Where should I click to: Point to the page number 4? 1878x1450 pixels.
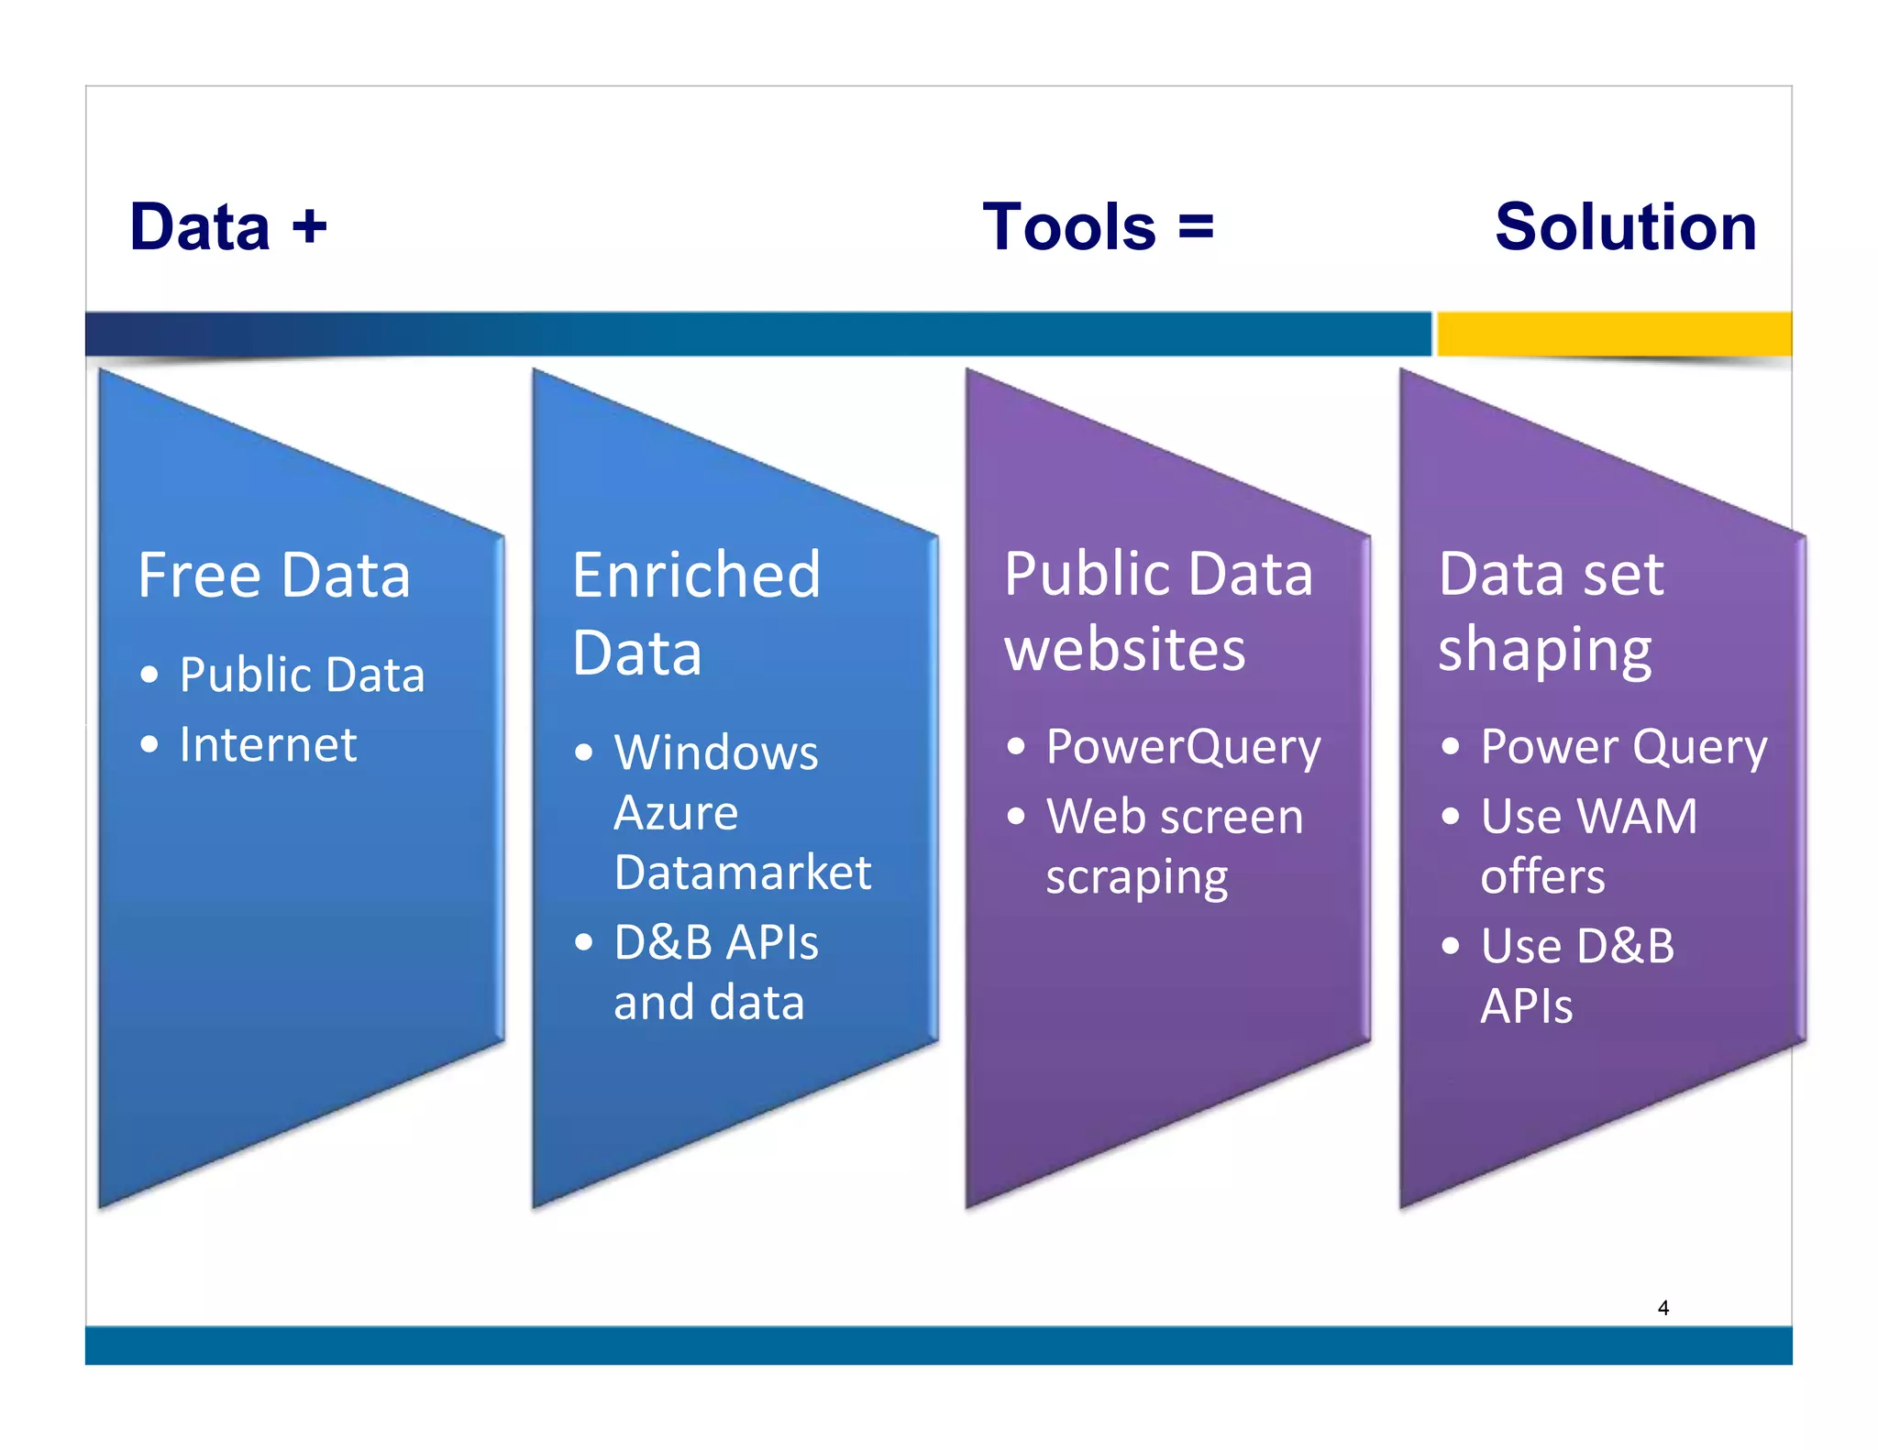coord(1663,1308)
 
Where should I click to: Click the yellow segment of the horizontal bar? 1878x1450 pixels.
coord(1614,334)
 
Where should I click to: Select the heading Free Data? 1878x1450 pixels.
coord(274,576)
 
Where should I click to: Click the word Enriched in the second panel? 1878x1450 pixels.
coord(696,576)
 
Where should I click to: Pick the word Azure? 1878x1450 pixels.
coord(676,813)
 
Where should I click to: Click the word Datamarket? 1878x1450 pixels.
coord(743,872)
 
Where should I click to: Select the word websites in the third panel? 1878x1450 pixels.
coord(1125,649)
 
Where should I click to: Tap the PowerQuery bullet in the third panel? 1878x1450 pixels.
coord(1183,746)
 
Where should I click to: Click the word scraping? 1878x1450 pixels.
coord(1137,878)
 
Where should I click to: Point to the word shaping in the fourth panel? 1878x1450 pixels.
coord(1545,651)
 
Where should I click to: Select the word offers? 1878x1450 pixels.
coord(1543,876)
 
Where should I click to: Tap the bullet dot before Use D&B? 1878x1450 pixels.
coord(1450,945)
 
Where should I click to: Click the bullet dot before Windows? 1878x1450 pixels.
coord(583,753)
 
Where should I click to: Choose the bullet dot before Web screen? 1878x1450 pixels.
coord(1016,816)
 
